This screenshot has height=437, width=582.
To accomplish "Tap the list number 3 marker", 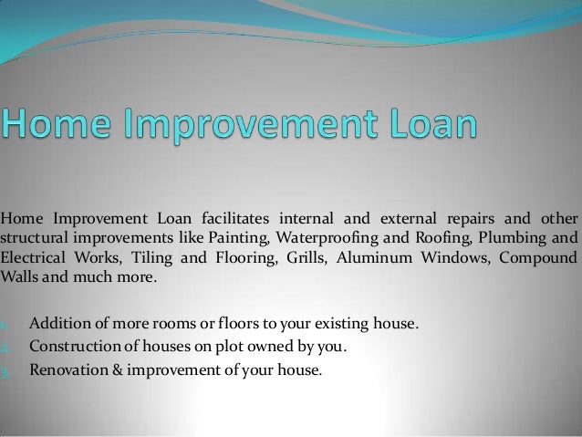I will point(5,371).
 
